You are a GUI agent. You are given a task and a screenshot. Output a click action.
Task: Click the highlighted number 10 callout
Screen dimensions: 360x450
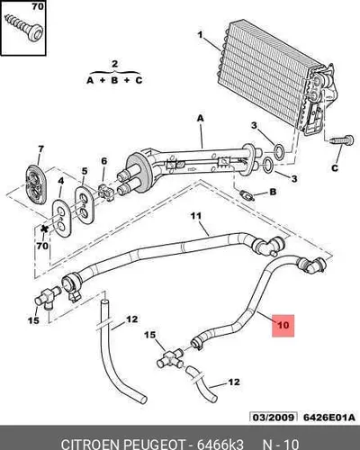(x=283, y=326)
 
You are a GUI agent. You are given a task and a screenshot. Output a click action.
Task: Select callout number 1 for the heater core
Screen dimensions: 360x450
(x=200, y=35)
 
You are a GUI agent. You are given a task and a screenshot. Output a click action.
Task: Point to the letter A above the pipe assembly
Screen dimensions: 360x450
(x=200, y=119)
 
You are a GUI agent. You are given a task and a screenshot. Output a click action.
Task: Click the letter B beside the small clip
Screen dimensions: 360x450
(x=273, y=192)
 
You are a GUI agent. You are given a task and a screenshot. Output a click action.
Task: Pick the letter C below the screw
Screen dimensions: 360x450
(x=335, y=168)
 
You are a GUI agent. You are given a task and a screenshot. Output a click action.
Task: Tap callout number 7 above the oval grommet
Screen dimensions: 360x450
(x=40, y=149)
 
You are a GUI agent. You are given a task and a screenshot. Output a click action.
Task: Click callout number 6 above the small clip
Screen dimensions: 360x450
(x=103, y=161)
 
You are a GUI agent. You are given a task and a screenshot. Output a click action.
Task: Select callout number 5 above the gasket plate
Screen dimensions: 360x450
(x=85, y=171)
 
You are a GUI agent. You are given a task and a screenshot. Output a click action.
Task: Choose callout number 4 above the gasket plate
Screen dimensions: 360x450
(x=61, y=181)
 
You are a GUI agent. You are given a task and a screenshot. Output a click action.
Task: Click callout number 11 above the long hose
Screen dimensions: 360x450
(x=196, y=216)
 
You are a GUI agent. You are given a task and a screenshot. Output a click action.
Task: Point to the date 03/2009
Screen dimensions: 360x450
(x=273, y=418)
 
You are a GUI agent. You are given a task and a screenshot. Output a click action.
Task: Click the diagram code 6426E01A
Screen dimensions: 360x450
(x=329, y=418)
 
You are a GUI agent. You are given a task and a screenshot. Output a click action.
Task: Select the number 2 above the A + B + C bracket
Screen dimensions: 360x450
(x=114, y=64)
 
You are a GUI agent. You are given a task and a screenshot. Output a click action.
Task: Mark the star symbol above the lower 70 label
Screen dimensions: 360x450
(x=45, y=229)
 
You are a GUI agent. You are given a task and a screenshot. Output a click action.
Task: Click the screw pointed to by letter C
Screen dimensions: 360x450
(x=341, y=140)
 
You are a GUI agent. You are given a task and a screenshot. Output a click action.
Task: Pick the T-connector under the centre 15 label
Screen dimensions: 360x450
(x=170, y=359)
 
